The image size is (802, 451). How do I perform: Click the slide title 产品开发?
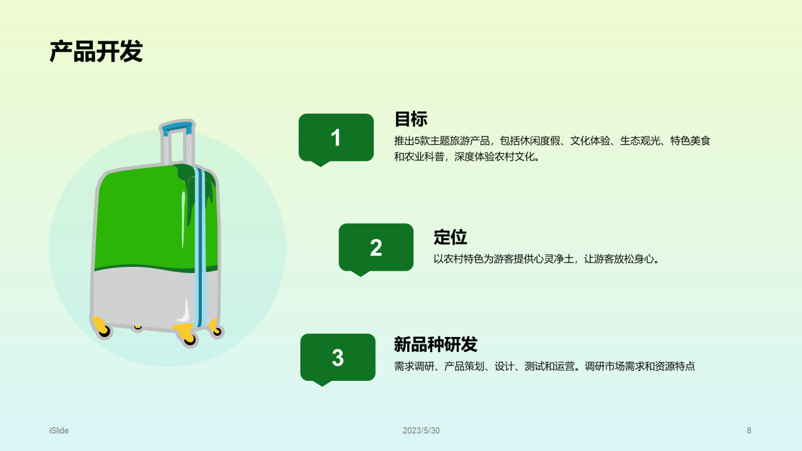(x=96, y=51)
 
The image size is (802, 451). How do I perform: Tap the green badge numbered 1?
(x=336, y=138)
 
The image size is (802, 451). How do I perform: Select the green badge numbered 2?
(x=376, y=247)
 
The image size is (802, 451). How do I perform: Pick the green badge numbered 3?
(x=338, y=358)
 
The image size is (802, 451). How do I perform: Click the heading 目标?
(x=410, y=118)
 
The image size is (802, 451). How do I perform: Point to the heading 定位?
(x=450, y=237)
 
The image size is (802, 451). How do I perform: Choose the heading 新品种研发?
(x=435, y=344)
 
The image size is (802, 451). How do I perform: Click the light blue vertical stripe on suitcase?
(x=202, y=251)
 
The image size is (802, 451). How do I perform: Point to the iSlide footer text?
(x=59, y=430)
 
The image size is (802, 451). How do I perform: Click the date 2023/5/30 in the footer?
(x=421, y=430)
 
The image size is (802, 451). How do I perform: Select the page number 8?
(x=749, y=430)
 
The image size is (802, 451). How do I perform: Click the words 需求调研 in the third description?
(x=414, y=366)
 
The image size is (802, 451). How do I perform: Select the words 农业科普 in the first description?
(x=424, y=157)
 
